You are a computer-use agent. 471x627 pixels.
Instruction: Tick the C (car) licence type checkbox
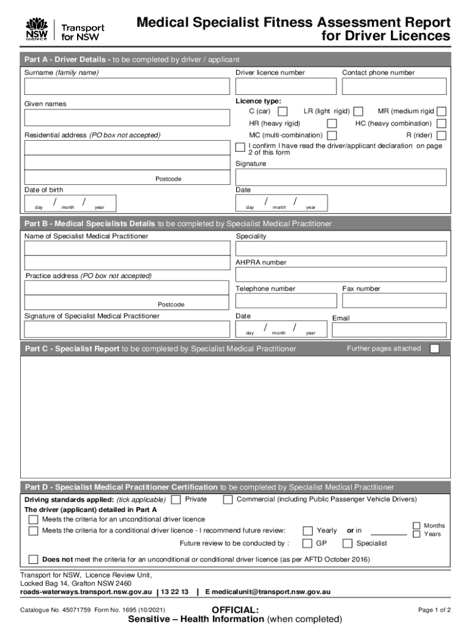click(283, 111)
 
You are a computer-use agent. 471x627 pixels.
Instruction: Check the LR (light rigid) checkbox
click(358, 111)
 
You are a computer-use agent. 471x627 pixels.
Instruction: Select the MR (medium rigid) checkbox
click(441, 111)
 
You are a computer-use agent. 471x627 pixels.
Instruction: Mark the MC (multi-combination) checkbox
click(332, 135)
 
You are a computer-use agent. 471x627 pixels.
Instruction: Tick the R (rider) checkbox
click(441, 135)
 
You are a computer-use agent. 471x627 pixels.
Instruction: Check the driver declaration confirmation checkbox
click(240, 147)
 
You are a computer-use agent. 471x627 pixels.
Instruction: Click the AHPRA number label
click(261, 263)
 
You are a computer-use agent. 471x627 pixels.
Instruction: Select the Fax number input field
click(396, 301)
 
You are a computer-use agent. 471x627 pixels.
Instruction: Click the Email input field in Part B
click(390, 330)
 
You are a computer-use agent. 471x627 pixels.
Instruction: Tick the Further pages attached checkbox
click(434, 349)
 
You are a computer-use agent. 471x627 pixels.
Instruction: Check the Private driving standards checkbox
click(176, 500)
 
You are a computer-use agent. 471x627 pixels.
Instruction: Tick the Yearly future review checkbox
click(308, 531)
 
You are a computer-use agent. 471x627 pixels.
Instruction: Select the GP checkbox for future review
click(308, 544)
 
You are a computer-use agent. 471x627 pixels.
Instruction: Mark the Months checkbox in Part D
click(417, 526)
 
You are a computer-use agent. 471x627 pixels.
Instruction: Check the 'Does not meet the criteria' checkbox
click(34, 560)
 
